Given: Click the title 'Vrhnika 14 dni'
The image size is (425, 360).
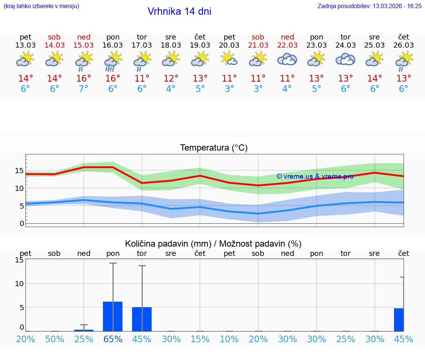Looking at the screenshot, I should click(x=179, y=11).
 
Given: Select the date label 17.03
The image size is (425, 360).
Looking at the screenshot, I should click(x=142, y=45).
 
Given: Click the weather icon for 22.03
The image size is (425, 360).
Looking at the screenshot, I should click(x=287, y=59).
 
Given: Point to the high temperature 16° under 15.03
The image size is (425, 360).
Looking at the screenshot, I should click(x=84, y=79).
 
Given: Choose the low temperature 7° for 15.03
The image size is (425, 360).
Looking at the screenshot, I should click(x=84, y=89).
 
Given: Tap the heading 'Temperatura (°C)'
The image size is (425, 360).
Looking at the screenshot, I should click(x=214, y=148).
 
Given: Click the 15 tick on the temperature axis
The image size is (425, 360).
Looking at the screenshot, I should click(x=19, y=171).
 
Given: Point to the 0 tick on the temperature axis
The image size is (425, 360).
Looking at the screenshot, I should click(x=22, y=223).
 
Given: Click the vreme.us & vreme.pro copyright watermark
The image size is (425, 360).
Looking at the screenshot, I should click(x=315, y=176).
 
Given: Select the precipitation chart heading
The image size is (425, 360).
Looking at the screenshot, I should click(x=213, y=244).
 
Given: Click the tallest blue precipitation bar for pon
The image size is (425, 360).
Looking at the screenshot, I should click(x=113, y=316).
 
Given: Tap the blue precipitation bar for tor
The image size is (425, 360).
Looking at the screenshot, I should click(x=142, y=319).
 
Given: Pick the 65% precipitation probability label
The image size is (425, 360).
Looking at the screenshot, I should click(x=113, y=339).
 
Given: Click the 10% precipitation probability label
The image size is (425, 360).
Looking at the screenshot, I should click(x=229, y=339).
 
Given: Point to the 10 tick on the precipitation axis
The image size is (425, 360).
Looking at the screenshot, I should click(x=19, y=284).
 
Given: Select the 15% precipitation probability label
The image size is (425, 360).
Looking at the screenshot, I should click(x=200, y=339).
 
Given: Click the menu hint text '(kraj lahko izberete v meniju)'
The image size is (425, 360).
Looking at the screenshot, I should click(x=41, y=6).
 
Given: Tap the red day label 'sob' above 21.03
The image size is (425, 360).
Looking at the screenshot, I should click(x=258, y=37).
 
